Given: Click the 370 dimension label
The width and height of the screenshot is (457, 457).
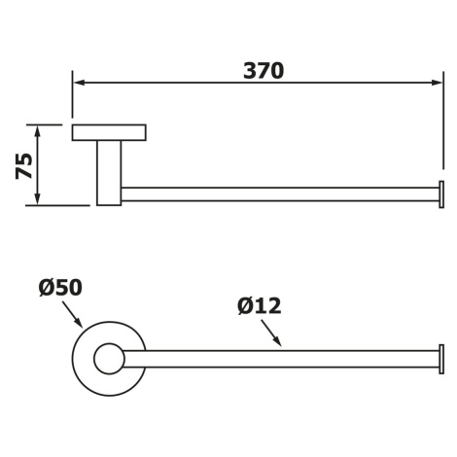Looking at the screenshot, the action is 264,71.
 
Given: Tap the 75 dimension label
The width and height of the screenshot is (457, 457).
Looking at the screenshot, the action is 24,166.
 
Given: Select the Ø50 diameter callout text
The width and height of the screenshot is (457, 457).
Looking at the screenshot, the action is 60,287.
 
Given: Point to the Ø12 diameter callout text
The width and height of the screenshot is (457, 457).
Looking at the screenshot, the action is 260,305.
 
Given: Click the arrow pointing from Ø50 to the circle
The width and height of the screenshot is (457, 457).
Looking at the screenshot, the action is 72,314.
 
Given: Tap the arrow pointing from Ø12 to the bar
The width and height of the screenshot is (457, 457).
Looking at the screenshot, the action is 271,333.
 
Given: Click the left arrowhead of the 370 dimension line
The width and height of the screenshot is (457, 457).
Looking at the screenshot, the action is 80,83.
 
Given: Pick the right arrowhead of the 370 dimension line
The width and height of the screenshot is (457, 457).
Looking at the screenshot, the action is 437,83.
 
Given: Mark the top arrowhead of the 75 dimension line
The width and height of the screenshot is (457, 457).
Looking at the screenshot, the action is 38,131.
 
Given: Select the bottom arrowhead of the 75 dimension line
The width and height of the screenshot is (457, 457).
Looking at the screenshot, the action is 38,198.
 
